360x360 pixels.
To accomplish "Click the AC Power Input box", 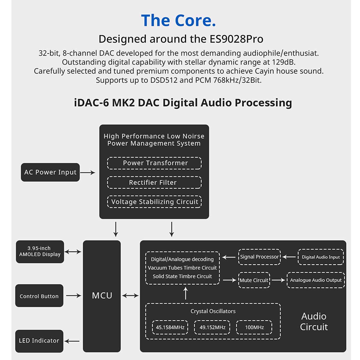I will pyautogui.click(x=50, y=172).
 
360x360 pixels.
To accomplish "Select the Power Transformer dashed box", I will pyautogui.click(x=154, y=163).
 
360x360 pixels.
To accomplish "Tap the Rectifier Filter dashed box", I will pyautogui.click(x=154, y=182).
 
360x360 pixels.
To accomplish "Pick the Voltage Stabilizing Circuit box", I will pyautogui.click(x=154, y=202).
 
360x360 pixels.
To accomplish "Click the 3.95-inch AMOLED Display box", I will pyautogui.click(x=40, y=251).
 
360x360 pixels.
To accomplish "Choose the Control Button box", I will pyautogui.click(x=39, y=296).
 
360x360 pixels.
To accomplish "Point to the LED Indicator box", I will pyautogui.click(x=39, y=341).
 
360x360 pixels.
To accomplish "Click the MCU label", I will pyautogui.click(x=102, y=296).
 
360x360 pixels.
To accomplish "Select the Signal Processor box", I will pyautogui.click(x=259, y=257).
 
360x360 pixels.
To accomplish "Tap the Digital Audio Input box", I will pyautogui.click(x=320, y=257).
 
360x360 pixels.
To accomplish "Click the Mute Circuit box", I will pyautogui.click(x=254, y=280).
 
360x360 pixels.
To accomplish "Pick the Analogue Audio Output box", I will pyautogui.click(x=316, y=280).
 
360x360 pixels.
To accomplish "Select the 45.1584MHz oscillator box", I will pyautogui.click(x=170, y=327).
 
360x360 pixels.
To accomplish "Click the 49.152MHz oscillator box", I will pyautogui.click(x=212, y=327).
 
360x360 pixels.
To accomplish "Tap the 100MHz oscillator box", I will pyautogui.click(x=254, y=327).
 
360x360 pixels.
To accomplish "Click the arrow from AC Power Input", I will pyautogui.click(x=88, y=172).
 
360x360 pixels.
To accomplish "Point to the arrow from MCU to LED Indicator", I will pyautogui.click(x=72, y=341).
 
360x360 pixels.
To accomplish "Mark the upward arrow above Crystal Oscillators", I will pyautogui.click(x=186, y=293).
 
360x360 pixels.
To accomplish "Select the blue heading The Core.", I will pyautogui.click(x=178, y=20).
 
